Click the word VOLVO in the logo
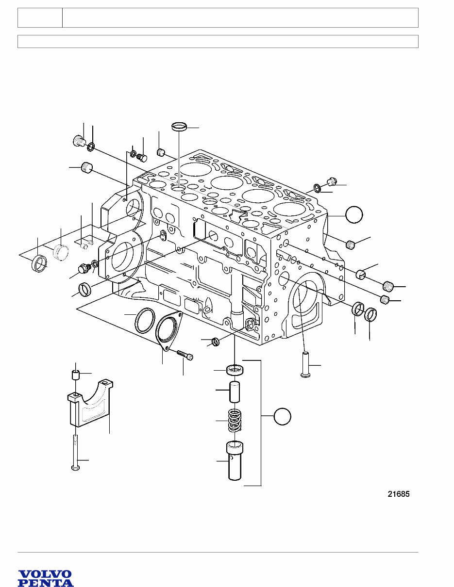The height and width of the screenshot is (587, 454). tap(45, 574)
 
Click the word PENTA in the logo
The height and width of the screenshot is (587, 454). tap(46, 583)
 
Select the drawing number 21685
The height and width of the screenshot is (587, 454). tap(398, 494)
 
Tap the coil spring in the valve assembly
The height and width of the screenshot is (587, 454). tap(235, 420)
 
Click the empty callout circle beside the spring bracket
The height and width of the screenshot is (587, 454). tap(282, 416)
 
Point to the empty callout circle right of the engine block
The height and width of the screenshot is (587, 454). tap(354, 214)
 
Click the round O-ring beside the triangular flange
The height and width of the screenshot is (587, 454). tap(144, 321)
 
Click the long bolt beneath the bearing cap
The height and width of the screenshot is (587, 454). tap(75, 452)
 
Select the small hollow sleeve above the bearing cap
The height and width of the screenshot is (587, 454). tap(75, 375)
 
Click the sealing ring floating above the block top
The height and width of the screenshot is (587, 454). tap(180, 128)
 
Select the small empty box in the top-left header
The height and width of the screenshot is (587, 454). tap(40, 17)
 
